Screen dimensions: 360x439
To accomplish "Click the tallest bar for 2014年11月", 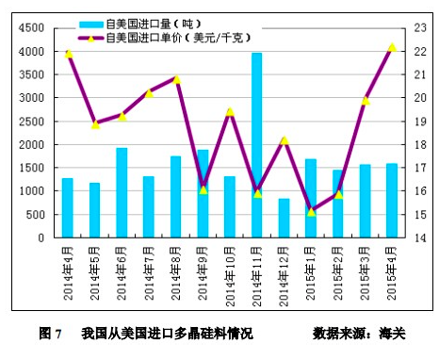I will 256,145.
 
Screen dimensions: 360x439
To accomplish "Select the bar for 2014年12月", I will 284,218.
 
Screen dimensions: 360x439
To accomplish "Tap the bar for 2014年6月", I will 122,192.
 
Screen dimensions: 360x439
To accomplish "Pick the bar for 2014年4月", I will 67,207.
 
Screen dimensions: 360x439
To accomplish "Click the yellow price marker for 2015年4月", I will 392,47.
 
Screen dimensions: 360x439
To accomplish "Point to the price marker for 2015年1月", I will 311,212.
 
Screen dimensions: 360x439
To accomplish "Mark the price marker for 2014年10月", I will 230,112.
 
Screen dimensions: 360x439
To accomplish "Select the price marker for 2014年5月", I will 94,124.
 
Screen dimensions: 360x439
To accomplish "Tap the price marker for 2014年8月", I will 176,79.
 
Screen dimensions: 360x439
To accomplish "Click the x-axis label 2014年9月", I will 203,273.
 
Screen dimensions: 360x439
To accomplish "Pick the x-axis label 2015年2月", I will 337,273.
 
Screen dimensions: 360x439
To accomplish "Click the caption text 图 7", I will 50,334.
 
